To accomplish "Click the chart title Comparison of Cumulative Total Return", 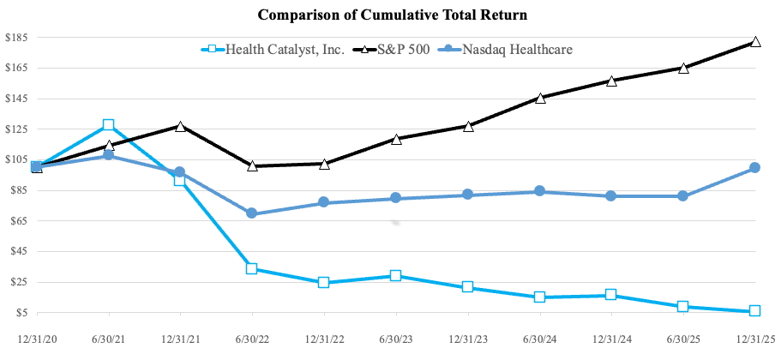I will [390, 15].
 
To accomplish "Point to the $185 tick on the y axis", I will [16, 38].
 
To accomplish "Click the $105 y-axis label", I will [16, 159].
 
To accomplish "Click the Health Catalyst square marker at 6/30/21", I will [108, 125].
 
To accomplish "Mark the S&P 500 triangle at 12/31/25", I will [754, 41].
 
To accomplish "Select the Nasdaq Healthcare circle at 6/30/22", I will [252, 213].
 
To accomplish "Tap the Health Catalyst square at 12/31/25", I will [754, 311].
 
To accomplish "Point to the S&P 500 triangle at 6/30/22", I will [252, 165].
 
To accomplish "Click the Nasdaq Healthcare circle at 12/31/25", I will [754, 168].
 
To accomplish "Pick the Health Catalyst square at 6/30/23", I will [395, 276].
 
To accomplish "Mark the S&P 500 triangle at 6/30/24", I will [539, 98].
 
